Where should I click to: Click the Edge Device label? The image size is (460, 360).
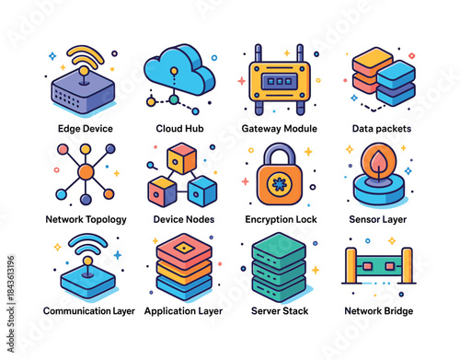point(85,128)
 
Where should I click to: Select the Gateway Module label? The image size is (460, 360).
point(280,128)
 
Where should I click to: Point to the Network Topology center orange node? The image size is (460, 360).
point(86,172)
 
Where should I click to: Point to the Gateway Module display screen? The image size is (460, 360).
point(280,80)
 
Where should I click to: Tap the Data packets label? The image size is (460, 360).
point(381,128)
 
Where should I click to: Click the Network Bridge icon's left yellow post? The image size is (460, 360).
point(350,266)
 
